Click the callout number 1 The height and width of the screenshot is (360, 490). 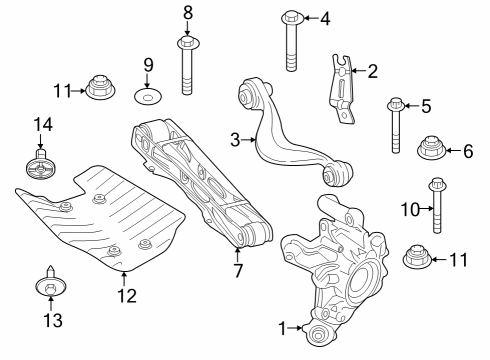click(x=282, y=327)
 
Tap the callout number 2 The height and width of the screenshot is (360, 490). click(x=373, y=71)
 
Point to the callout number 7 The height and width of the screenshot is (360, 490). click(x=238, y=270)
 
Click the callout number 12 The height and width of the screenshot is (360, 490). click(x=122, y=295)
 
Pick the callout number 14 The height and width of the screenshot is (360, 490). click(x=41, y=126)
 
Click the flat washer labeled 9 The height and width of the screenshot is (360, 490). click(x=148, y=98)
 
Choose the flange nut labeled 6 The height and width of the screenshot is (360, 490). click(x=432, y=150)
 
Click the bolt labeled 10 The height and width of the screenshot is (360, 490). click(x=436, y=208)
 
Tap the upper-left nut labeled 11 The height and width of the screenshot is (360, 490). click(x=101, y=89)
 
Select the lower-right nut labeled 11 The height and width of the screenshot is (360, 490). click(x=416, y=258)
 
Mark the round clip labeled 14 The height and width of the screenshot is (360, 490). click(x=41, y=168)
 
